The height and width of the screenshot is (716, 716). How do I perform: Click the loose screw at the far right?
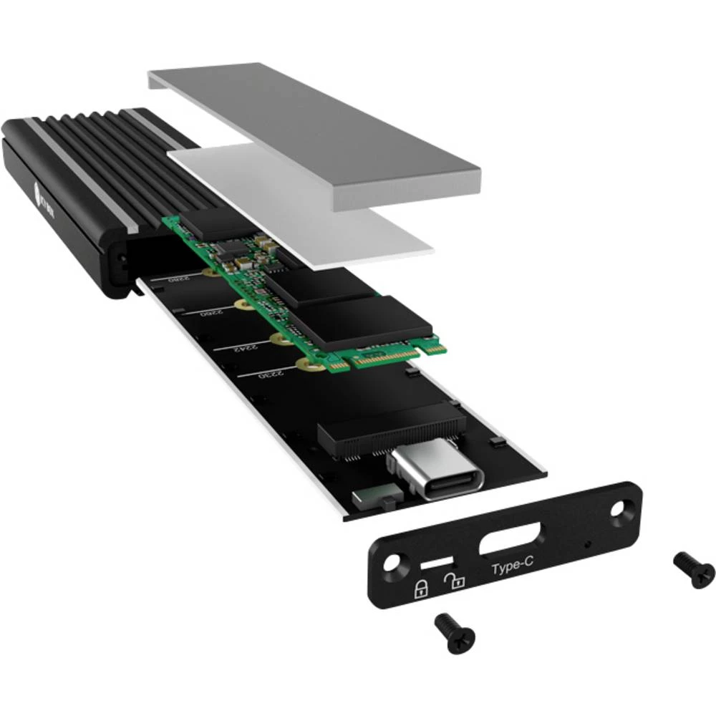[x=695, y=569]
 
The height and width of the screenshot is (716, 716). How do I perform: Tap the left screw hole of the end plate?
[x=390, y=563]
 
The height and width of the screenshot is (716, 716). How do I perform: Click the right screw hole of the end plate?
[x=619, y=511]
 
